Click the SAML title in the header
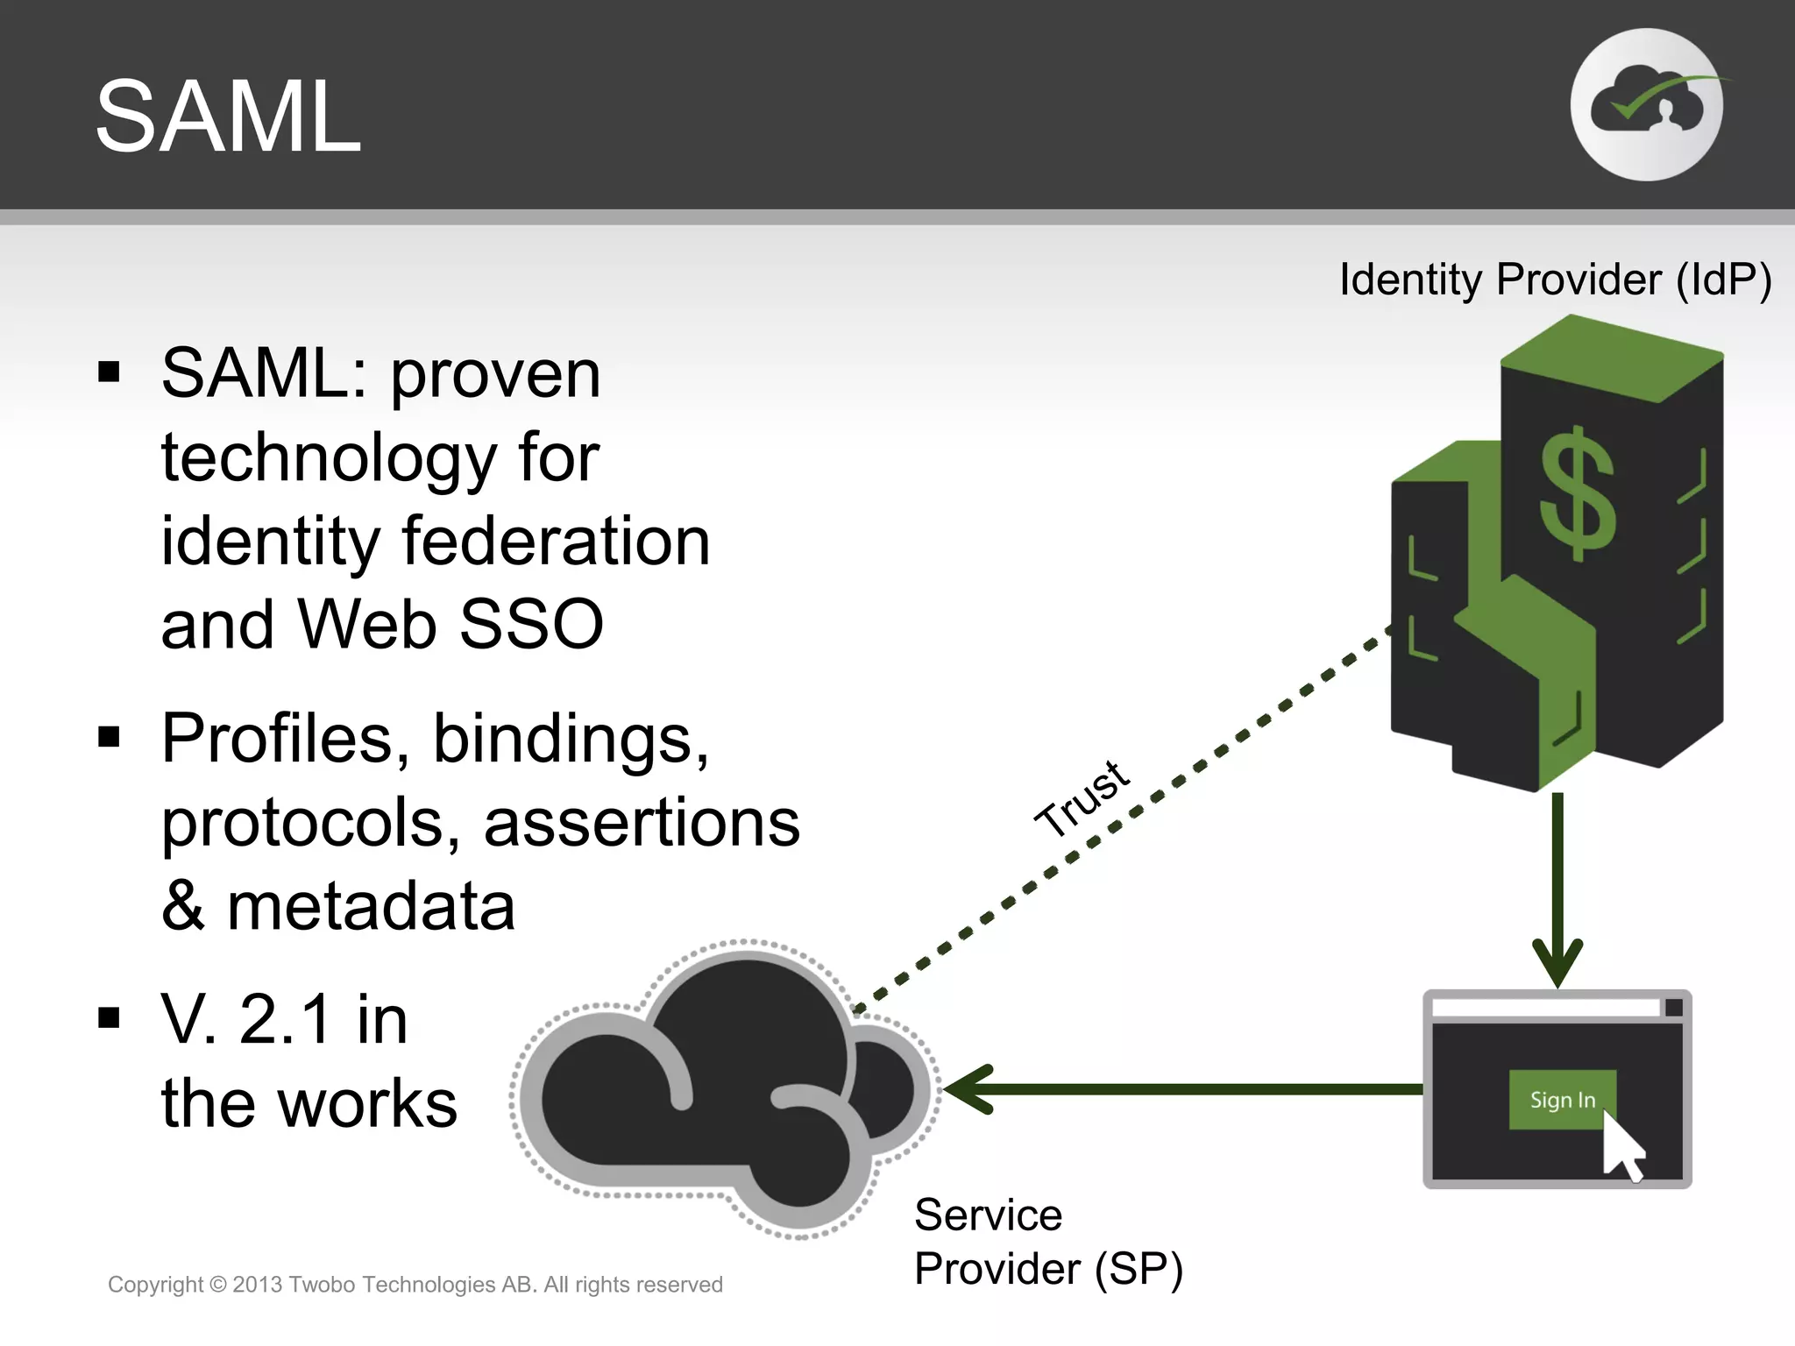pos(228,117)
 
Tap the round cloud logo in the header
pos(1647,105)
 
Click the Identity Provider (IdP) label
pos(1556,280)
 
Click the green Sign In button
pos(1561,1099)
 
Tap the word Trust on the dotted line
pos(1083,798)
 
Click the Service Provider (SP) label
pos(1047,1242)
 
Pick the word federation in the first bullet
pos(556,542)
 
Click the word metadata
pos(371,906)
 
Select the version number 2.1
pos(286,1019)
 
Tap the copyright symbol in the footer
pos(218,1285)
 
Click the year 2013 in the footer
pos(257,1285)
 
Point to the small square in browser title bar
pos(1673,1007)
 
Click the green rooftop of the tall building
pos(1611,358)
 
